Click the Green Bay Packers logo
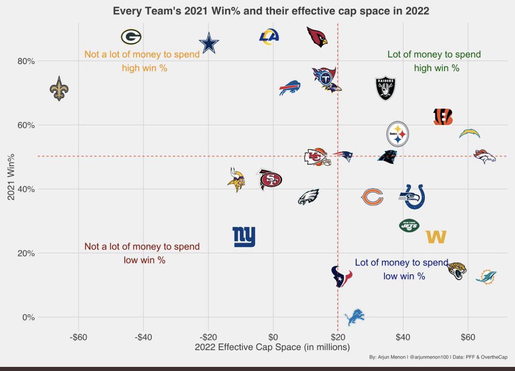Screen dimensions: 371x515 [131, 37]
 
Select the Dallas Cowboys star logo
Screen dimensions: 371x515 [209, 43]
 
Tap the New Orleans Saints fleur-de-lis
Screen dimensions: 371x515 [59, 88]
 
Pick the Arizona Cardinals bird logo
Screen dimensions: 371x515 [317, 37]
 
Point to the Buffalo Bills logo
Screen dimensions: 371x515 [290, 87]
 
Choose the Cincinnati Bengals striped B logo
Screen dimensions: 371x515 [443, 117]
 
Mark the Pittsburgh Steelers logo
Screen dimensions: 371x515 [397, 134]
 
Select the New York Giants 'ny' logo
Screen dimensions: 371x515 [244, 237]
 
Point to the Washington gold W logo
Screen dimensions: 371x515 [436, 237]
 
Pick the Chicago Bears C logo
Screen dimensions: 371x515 [372, 197]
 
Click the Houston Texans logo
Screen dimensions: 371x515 [342, 276]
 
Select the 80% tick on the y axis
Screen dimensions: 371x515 [26, 61]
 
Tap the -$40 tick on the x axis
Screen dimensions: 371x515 [143, 338]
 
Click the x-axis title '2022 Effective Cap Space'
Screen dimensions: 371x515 [272, 347]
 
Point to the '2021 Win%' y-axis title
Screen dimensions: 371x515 [11, 176]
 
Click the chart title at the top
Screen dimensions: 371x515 [271, 11]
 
